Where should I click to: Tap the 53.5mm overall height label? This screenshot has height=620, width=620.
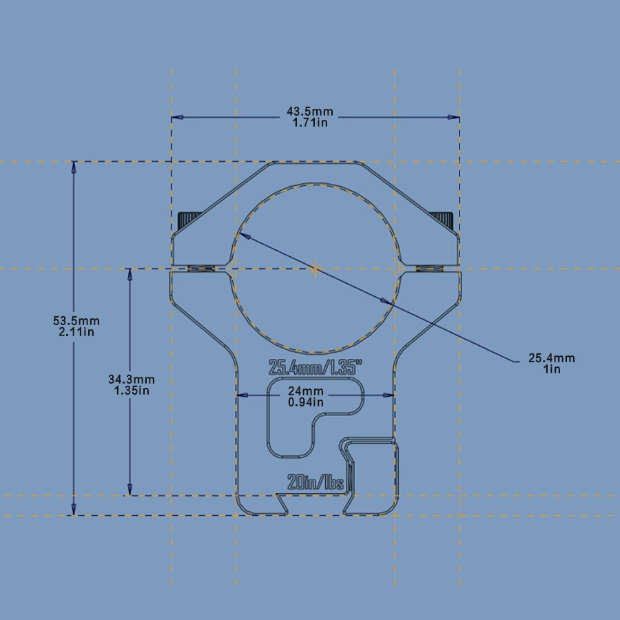pyautogui.click(x=76, y=321)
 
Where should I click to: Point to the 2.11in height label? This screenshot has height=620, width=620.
pyautogui.click(x=76, y=332)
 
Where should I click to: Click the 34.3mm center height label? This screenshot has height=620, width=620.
pyautogui.click(x=131, y=380)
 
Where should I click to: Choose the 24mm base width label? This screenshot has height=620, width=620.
pyautogui.click(x=306, y=391)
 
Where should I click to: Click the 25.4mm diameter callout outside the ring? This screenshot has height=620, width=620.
pyautogui.click(x=551, y=358)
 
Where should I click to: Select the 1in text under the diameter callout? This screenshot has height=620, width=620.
pyautogui.click(x=552, y=369)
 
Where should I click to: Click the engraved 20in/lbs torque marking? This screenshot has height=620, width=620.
pyautogui.click(x=316, y=482)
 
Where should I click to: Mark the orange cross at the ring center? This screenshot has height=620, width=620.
pyautogui.click(x=316, y=269)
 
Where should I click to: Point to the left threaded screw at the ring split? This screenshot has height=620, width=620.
pyautogui.click(x=200, y=269)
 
